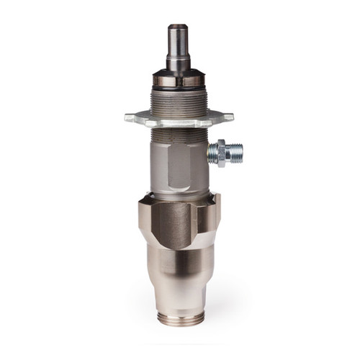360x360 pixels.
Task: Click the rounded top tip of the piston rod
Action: click(x=177, y=27)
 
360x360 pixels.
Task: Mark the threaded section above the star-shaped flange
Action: click(x=178, y=100)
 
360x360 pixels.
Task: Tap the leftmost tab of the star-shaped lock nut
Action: click(x=129, y=115)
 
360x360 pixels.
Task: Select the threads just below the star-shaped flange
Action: click(x=178, y=135)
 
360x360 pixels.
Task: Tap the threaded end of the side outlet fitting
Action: click(x=234, y=153)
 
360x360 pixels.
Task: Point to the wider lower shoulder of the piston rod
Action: click(x=178, y=61)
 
